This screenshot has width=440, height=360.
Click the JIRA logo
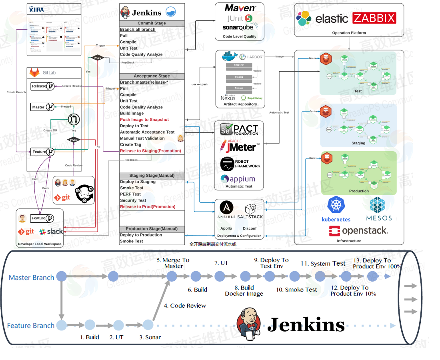(37, 9)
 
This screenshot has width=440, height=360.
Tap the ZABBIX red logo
(374, 18)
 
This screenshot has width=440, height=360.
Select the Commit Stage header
(152, 23)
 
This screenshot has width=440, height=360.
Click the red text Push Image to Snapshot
(144, 120)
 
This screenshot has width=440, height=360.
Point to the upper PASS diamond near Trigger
(98, 58)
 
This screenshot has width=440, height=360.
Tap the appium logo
(238, 179)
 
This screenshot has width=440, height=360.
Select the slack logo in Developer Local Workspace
(51, 231)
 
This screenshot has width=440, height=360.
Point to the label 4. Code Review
(185, 306)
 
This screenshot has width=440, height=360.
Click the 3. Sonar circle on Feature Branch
(148, 325)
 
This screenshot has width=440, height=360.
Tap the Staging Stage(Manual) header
(152, 176)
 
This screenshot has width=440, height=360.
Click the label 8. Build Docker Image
(244, 290)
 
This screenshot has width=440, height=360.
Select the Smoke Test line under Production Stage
(132, 241)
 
